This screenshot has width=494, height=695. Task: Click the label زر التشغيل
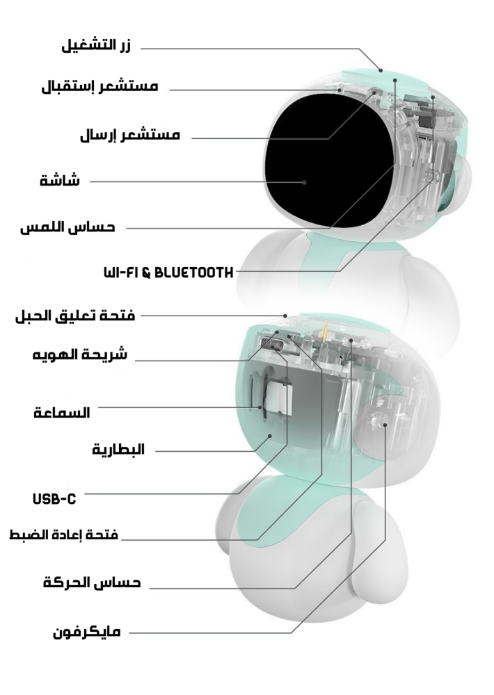[97, 47]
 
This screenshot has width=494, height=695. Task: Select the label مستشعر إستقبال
[99, 88]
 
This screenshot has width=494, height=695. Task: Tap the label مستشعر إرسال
[131, 136]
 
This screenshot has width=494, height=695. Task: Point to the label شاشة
[59, 181]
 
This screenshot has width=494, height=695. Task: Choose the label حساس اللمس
[67, 227]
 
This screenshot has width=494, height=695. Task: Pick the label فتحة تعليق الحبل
[75, 316]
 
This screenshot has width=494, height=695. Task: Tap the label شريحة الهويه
[80, 354]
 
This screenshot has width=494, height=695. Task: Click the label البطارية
[118, 449]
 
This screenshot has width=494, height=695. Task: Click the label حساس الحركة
[92, 582]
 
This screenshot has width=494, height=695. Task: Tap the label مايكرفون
[87, 632]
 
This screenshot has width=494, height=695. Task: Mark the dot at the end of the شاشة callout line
[305, 181]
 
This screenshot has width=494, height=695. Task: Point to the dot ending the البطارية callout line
[271, 436]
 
